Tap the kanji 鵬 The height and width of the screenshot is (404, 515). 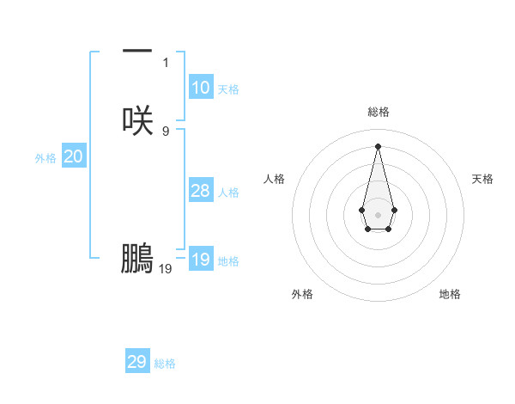pyautogui.click(x=137, y=259)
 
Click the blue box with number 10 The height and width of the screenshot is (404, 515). pyautogui.click(x=201, y=88)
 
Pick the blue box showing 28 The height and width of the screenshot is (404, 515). pyautogui.click(x=201, y=191)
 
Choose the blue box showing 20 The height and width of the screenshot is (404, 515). pyautogui.click(x=74, y=156)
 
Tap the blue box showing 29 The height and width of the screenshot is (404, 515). pyautogui.click(x=137, y=362)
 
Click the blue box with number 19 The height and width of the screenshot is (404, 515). pyautogui.click(x=201, y=260)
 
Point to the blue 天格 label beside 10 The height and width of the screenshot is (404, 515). pyautogui.click(x=228, y=89)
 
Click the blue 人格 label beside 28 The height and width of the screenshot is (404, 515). pyautogui.click(x=228, y=193)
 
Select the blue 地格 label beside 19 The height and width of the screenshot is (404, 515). pyautogui.click(x=228, y=261)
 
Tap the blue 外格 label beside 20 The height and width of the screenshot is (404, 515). pyautogui.click(x=45, y=158)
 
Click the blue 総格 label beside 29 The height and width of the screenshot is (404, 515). pyautogui.click(x=165, y=364)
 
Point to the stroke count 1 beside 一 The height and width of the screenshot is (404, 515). pyautogui.click(x=166, y=62)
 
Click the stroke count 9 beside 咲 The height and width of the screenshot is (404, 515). pyautogui.click(x=166, y=131)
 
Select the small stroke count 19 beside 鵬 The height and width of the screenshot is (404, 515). pyautogui.click(x=166, y=268)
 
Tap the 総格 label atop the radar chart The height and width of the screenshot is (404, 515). pyautogui.click(x=378, y=112)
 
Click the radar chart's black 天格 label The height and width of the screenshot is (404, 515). pyautogui.click(x=483, y=179)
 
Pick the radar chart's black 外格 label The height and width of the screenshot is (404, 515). pyautogui.click(x=302, y=294)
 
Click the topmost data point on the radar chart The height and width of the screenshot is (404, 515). pyautogui.click(x=378, y=145)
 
